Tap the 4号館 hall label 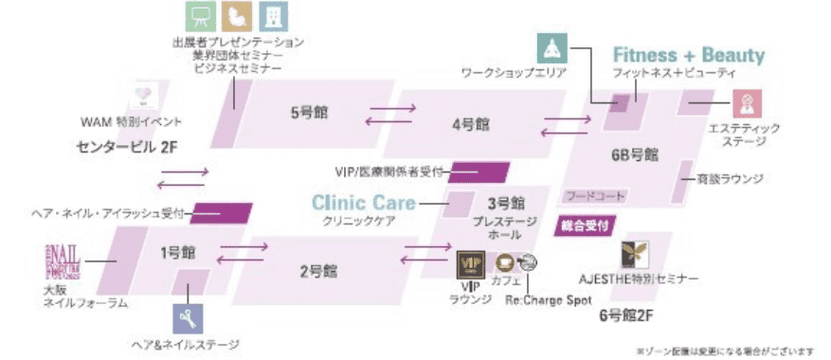coord(470,124)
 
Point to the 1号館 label coord(177,253)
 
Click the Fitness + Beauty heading coord(688,55)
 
